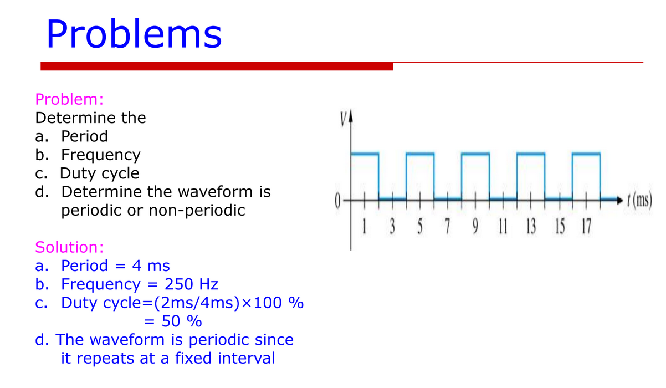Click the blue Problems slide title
tap(134, 33)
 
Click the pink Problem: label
tap(69, 99)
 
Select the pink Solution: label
tap(69, 247)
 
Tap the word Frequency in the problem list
tap(100, 155)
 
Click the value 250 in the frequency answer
tap(179, 284)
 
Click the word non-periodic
tap(197, 211)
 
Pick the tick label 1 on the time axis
tap(365, 227)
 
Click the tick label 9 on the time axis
tap(475, 227)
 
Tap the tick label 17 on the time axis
tap(586, 227)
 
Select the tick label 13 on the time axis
tap(531, 227)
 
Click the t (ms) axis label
tap(639, 200)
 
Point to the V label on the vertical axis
tap(344, 119)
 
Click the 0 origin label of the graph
tap(337, 201)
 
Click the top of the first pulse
tap(365, 154)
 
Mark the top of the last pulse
tap(586, 154)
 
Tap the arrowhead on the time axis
tap(619, 200)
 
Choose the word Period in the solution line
tap(84, 266)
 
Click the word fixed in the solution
tap(193, 358)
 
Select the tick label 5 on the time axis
tap(420, 227)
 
